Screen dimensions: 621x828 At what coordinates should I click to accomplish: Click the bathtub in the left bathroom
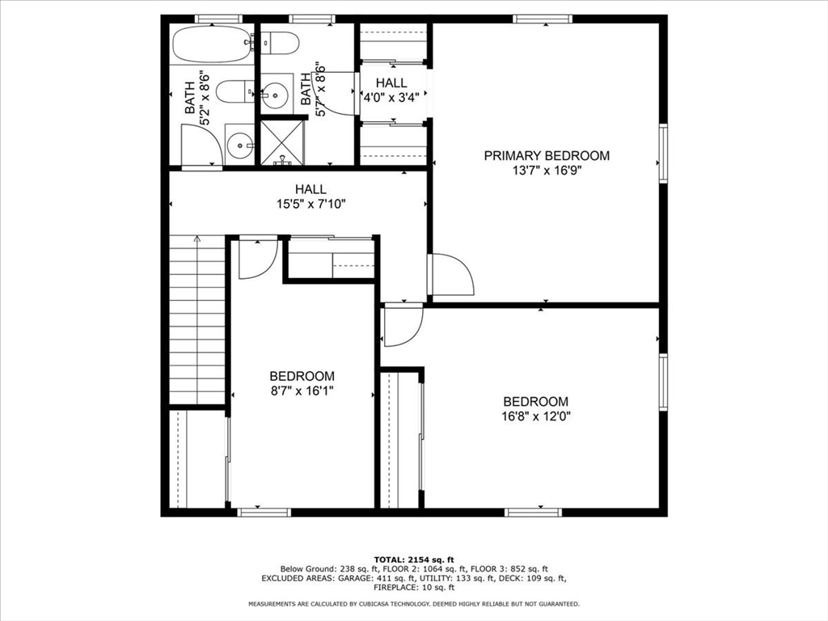212,44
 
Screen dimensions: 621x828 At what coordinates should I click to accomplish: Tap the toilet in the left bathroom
236,92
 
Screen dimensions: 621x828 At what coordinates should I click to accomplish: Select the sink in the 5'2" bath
240,146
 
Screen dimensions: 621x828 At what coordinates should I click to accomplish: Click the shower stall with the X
282,142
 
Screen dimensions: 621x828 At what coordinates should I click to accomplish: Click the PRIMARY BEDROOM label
547,155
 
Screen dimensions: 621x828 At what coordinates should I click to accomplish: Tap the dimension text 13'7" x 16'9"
547,171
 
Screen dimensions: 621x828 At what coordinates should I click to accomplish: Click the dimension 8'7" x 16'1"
302,391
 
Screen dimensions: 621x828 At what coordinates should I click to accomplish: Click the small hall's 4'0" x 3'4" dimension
391,98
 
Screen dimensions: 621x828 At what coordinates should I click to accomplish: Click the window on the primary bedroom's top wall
543,19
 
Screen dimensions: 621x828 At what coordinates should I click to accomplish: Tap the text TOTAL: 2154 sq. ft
414,560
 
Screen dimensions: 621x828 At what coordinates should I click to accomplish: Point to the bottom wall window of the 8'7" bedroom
264,511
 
